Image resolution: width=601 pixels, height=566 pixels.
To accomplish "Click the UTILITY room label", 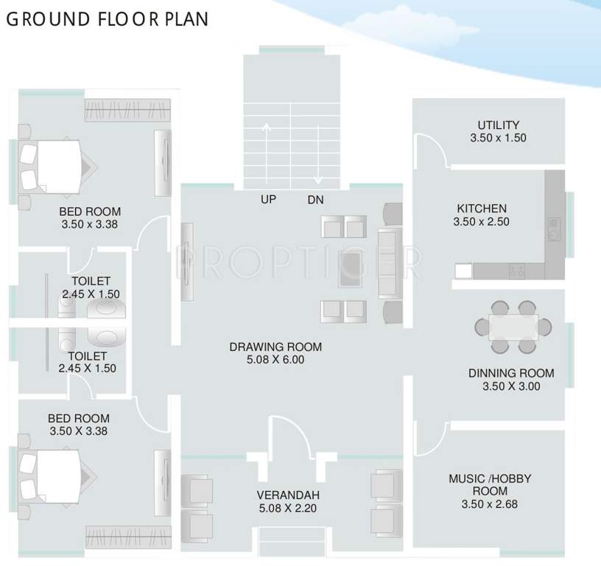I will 498,125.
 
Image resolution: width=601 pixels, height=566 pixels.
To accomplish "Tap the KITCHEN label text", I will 482,209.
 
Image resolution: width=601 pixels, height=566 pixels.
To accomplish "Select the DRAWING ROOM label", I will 275,347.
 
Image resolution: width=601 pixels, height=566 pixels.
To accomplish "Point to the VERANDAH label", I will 287,495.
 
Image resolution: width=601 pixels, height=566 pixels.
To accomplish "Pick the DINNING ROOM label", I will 511,373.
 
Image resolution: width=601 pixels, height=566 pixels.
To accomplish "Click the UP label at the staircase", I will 268,200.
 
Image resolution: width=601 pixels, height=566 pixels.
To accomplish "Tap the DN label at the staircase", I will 316,200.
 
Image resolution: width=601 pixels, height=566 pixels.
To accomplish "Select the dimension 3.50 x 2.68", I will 489,505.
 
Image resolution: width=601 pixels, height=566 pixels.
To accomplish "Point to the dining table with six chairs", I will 513,325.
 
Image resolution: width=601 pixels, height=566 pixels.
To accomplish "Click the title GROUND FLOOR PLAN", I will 107,19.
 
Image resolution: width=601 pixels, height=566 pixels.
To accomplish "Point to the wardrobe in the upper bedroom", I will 127,110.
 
